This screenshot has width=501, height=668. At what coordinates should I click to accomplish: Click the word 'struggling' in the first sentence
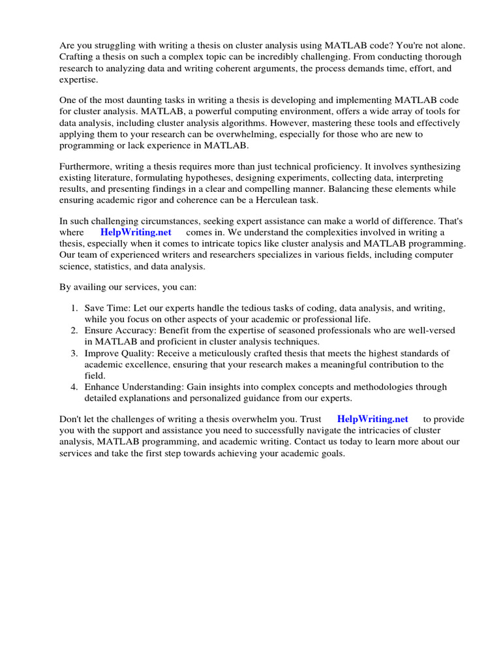click(x=115, y=46)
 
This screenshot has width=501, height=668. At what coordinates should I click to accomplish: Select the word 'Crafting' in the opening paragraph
click(x=78, y=57)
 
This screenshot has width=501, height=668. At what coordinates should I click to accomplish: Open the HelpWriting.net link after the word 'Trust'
click(x=372, y=419)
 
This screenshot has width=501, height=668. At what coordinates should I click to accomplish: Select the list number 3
click(x=74, y=354)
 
